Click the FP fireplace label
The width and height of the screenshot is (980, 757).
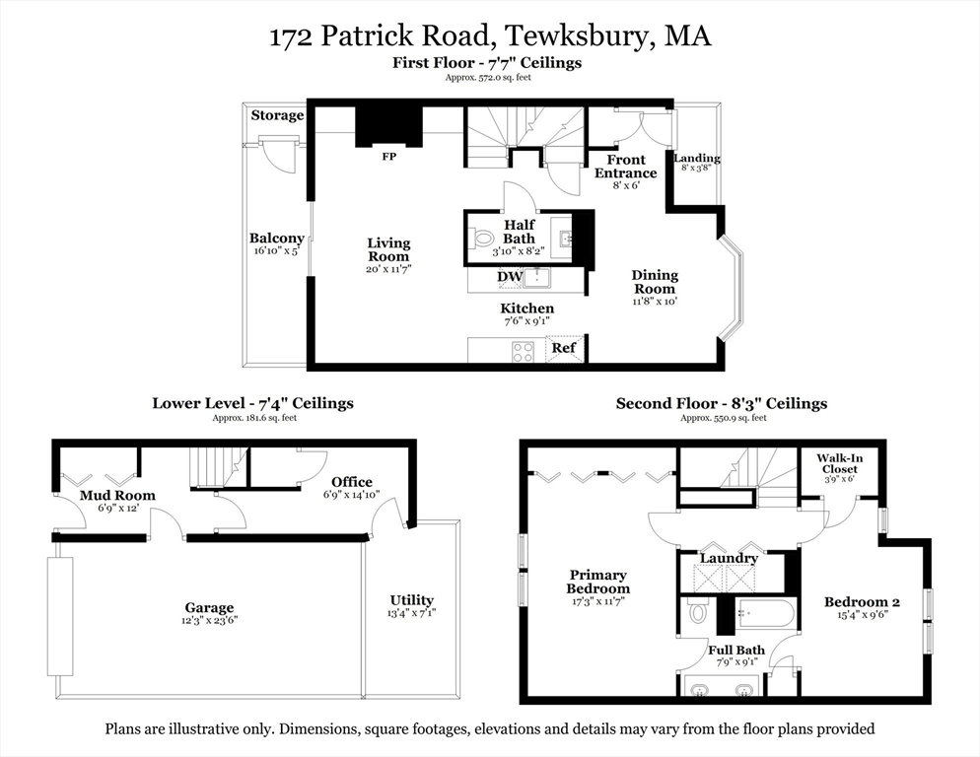pyautogui.click(x=388, y=157)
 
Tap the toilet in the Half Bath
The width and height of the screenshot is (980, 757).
pyautogui.click(x=482, y=239)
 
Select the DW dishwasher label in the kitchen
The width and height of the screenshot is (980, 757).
pyautogui.click(x=510, y=276)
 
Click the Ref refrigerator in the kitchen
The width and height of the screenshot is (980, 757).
pyautogui.click(x=564, y=348)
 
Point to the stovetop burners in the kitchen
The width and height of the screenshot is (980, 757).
pyautogui.click(x=524, y=351)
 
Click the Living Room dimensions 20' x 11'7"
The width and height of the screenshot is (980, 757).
pyautogui.click(x=388, y=269)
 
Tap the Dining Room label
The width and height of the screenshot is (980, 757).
pyautogui.click(x=655, y=282)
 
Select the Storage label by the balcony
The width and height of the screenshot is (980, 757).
pyautogui.click(x=277, y=115)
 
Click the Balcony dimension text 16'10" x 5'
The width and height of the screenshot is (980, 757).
pyautogui.click(x=276, y=250)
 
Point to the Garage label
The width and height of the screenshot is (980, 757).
pyautogui.click(x=209, y=607)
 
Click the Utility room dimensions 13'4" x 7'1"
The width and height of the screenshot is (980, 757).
pyautogui.click(x=411, y=613)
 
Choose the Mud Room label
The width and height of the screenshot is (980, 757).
pyautogui.click(x=117, y=496)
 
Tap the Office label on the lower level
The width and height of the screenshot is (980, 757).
pyautogui.click(x=352, y=482)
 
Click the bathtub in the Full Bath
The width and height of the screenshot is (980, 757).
pyautogui.click(x=766, y=613)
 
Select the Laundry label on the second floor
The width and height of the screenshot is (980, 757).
pyautogui.click(x=729, y=558)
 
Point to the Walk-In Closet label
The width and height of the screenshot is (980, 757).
pyautogui.click(x=839, y=464)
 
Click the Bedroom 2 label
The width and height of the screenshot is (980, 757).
pyautogui.click(x=862, y=602)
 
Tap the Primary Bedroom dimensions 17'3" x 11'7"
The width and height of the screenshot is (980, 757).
pyautogui.click(x=598, y=601)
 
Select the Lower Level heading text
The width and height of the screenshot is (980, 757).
pyautogui.click(x=199, y=403)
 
